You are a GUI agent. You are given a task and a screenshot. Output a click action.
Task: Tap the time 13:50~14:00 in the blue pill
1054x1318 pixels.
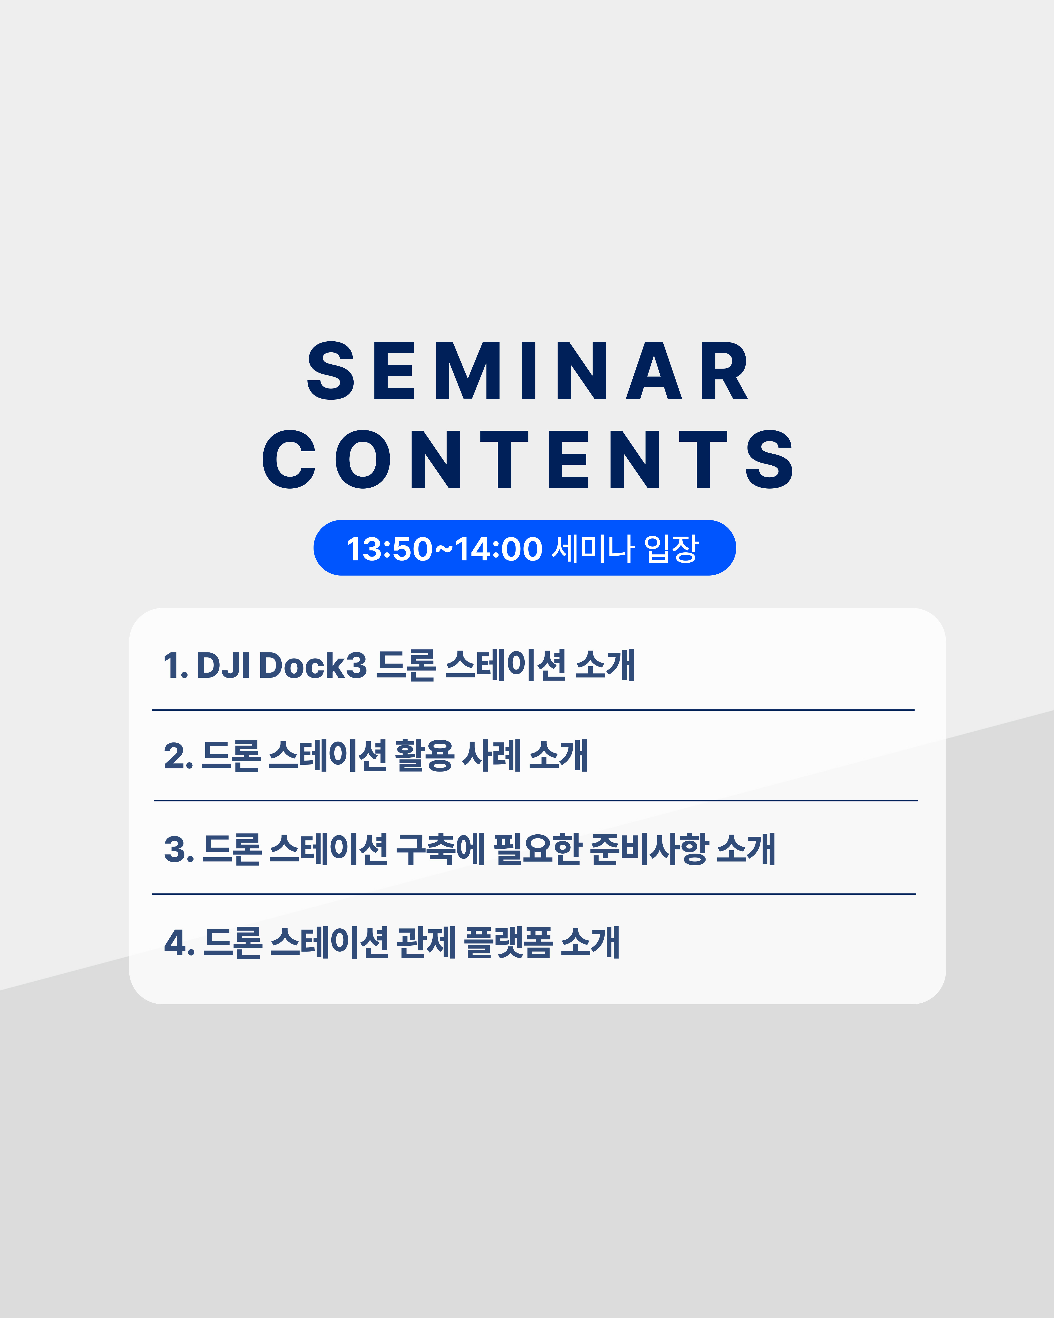(444, 548)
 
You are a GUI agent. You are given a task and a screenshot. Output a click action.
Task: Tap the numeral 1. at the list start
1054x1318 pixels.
(175, 666)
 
